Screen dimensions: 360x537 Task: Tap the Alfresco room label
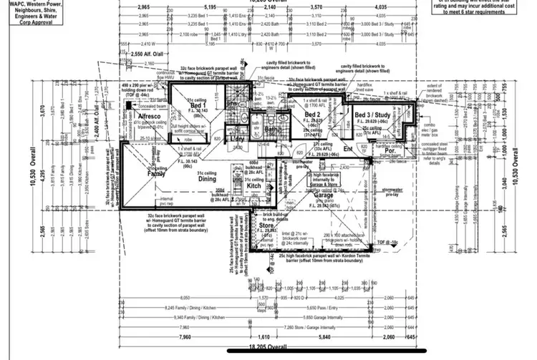tap(143, 115)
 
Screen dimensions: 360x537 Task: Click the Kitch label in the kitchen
tap(254, 185)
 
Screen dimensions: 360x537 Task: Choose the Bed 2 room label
tap(311, 115)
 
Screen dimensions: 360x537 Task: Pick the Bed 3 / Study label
tap(372, 114)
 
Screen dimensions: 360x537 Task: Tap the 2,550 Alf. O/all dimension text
tap(149, 53)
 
